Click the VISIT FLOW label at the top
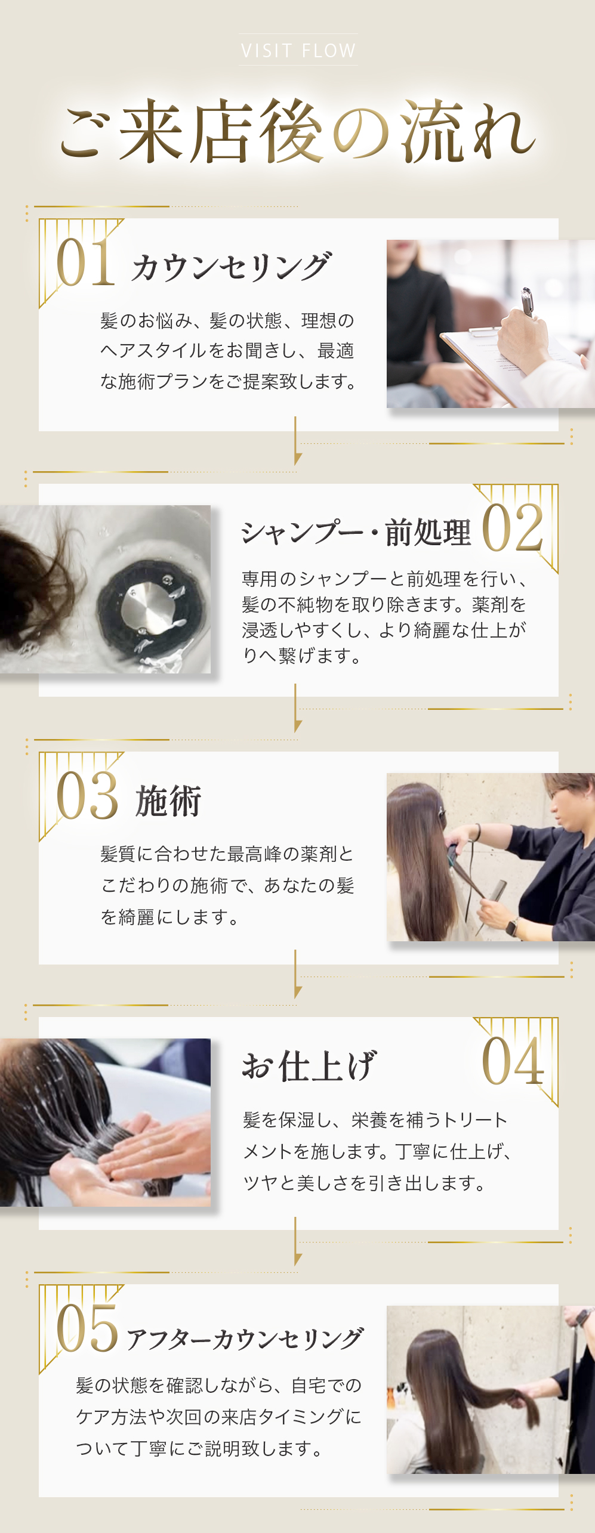pos(298,51)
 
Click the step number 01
pos(85,262)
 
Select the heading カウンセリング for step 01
pos(230,267)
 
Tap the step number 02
pos(513,528)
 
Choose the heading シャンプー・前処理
pos(356,532)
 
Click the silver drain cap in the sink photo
pos(149,608)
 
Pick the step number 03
pos(87,796)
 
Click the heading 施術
pos(168,801)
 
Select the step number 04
pos(513,1061)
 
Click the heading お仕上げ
pos(309,1066)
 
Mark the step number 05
pos(87,1328)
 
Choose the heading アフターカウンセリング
pos(244,1339)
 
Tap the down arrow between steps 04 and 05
pos(297,1241)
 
